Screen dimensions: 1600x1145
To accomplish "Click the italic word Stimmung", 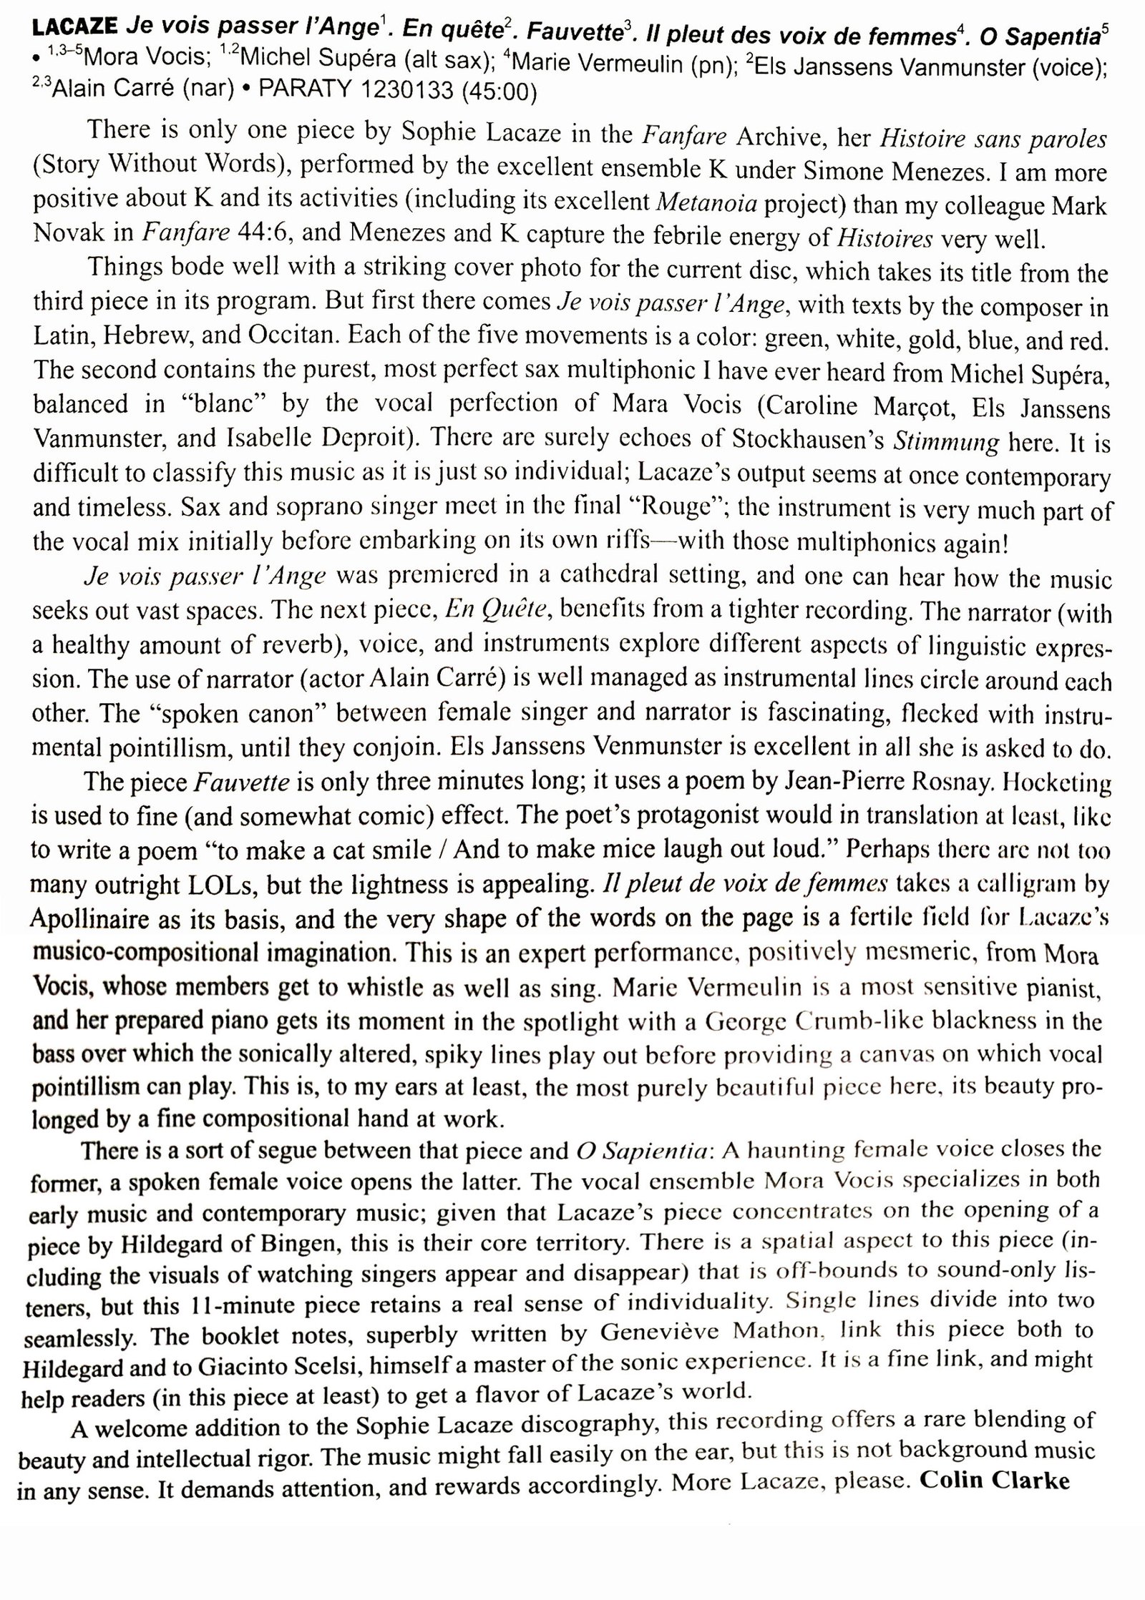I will tap(946, 441).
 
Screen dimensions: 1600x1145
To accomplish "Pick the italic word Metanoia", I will tap(706, 203).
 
